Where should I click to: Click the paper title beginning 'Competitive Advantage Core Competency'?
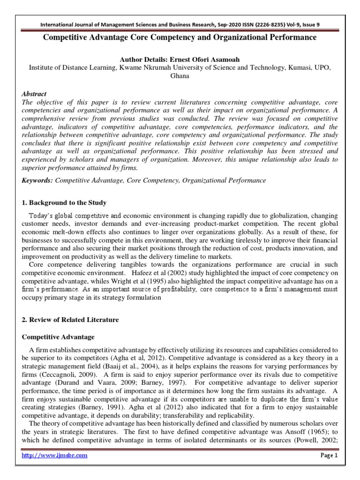tap(180, 37)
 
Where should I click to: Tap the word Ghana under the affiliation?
tap(180, 76)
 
